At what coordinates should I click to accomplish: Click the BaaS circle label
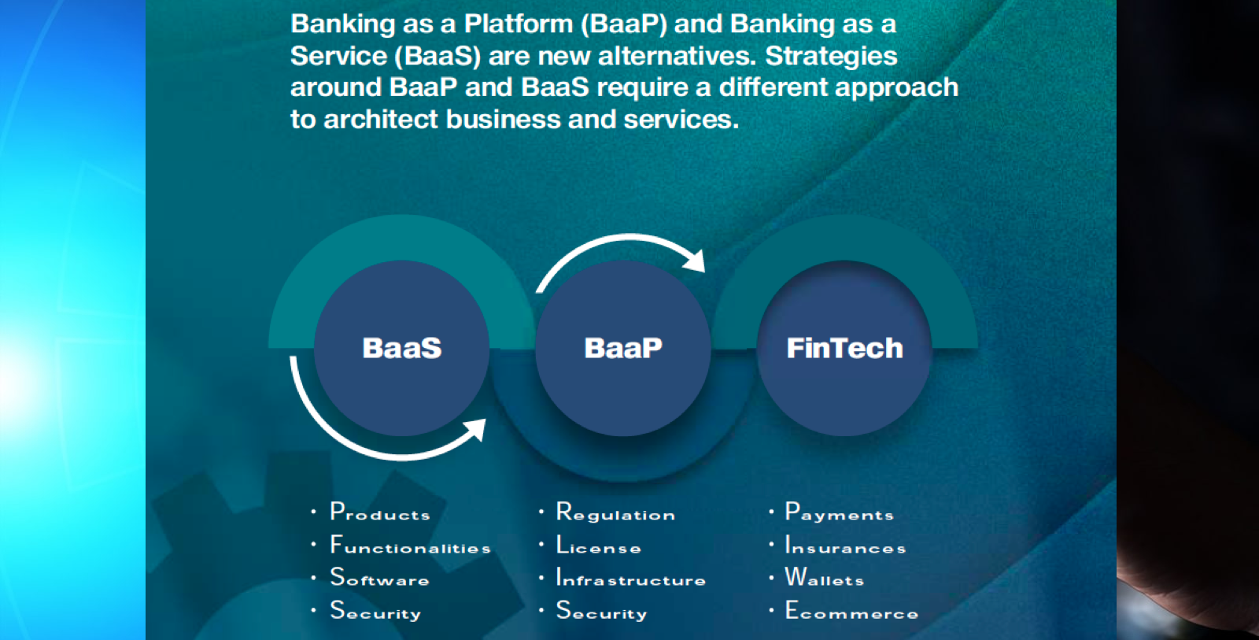tap(401, 348)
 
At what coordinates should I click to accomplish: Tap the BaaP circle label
tap(622, 348)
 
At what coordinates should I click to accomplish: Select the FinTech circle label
tap(844, 348)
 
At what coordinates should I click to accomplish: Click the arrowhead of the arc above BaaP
tap(695, 259)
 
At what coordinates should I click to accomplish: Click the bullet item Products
tap(380, 512)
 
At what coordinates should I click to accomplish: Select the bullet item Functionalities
tap(410, 546)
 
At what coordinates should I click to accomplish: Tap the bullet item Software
tap(379, 579)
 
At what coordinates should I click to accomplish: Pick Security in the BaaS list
tap(375, 612)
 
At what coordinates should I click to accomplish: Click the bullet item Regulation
tap(615, 512)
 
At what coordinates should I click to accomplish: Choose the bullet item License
tap(598, 546)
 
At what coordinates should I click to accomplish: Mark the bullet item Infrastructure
tap(630, 579)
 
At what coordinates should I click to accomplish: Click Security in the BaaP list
tap(601, 612)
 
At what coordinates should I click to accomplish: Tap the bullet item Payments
tap(839, 512)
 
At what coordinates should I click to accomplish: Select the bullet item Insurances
tap(845, 546)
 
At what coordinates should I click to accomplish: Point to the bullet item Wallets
tap(825, 579)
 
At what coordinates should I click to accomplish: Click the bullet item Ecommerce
tap(851, 612)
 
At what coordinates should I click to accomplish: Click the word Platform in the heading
tap(518, 24)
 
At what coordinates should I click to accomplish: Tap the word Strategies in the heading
tap(831, 57)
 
